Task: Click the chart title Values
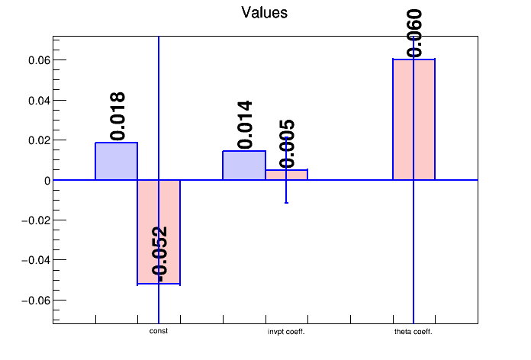point(265,12)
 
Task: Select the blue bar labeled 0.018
point(116,161)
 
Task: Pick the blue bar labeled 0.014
point(243,166)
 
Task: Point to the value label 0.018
point(117,116)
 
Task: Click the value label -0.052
point(159,252)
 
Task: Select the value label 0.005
point(287,143)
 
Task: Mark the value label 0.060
point(414,33)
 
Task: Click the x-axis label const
point(159,331)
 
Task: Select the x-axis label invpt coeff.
point(286,332)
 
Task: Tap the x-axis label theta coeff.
point(414,332)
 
